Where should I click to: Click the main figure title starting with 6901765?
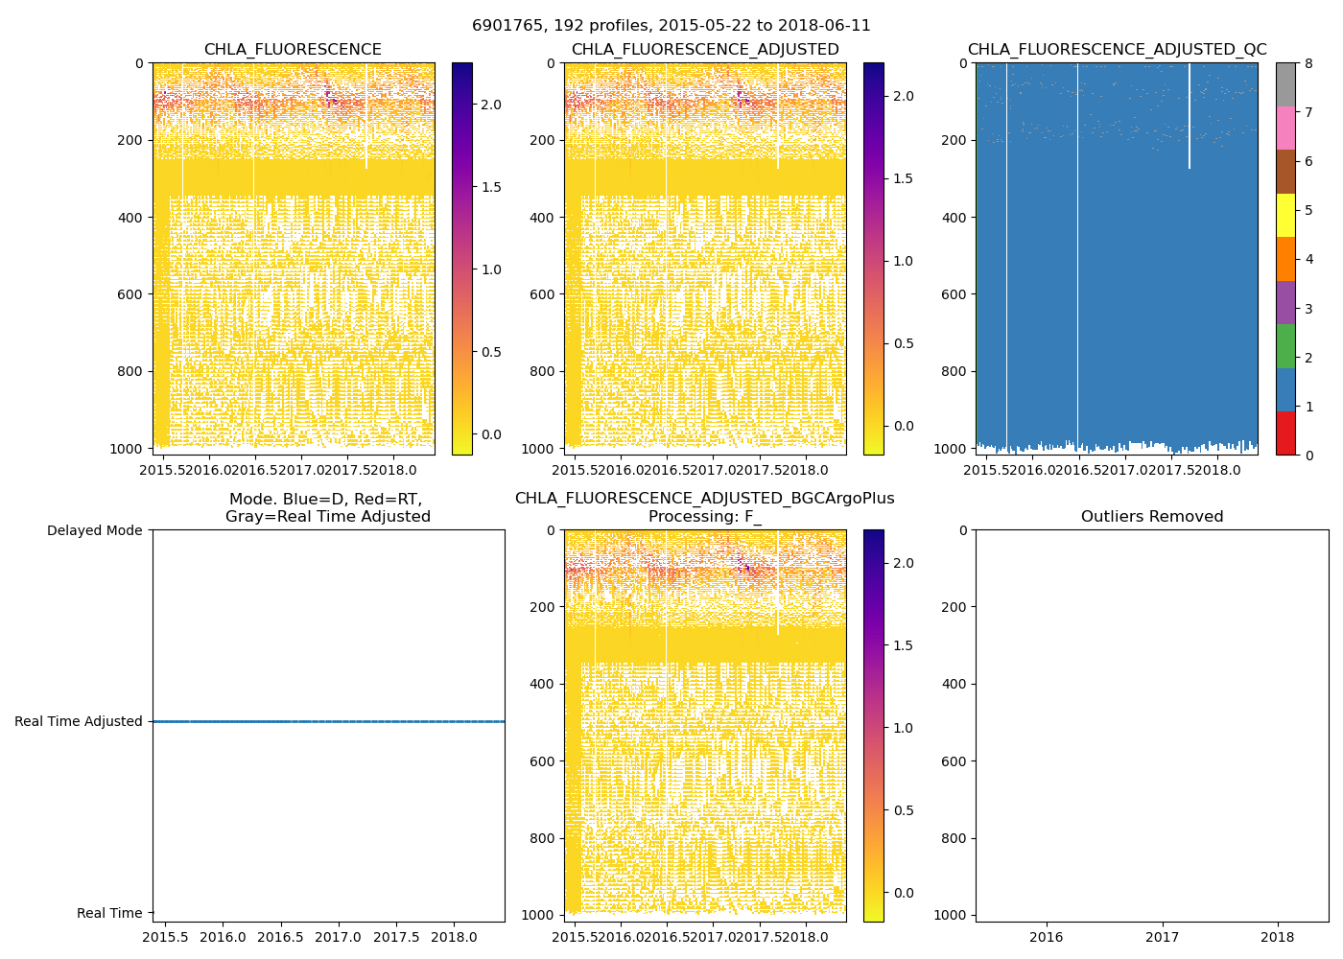pos(671,26)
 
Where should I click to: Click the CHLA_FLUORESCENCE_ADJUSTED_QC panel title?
pos(1117,50)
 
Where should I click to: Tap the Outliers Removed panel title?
pos(1152,517)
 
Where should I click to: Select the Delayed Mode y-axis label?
pos(94,530)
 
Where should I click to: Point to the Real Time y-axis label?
pos(109,914)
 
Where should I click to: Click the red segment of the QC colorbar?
pos(1285,433)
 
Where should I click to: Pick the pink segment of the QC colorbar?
pos(1285,128)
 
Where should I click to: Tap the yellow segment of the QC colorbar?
pos(1285,215)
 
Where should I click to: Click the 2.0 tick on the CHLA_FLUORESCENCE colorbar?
pos(490,105)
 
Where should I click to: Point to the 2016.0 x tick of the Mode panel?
pos(223,936)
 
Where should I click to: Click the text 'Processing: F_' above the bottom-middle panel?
pos(705,517)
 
